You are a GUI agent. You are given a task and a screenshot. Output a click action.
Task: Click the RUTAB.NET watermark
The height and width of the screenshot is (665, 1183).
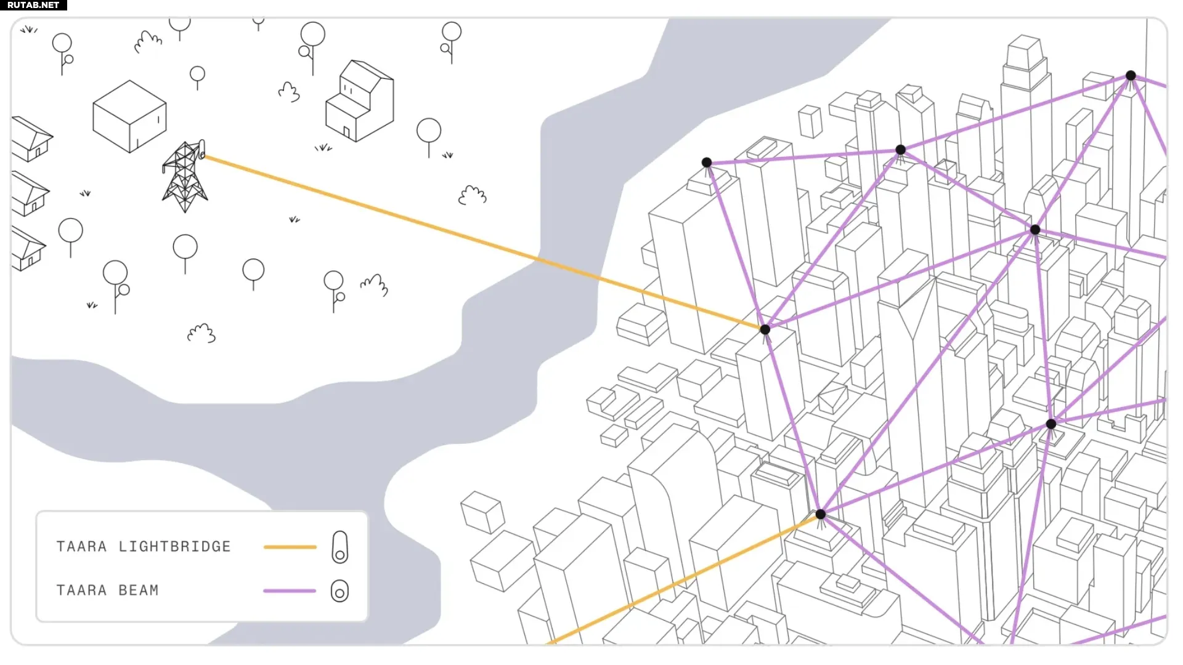33,5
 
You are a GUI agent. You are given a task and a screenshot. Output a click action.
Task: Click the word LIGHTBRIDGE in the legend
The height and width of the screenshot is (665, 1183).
175,547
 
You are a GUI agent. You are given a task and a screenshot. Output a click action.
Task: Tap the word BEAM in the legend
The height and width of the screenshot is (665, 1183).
139,590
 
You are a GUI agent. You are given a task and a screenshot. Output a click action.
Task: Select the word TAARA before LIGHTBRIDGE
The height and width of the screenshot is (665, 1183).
82,547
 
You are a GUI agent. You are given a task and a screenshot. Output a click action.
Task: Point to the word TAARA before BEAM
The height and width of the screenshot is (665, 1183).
82,590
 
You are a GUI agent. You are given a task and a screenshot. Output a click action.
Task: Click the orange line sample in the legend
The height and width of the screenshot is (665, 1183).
290,547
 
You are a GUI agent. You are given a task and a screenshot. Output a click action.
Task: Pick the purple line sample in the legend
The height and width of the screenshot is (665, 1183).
290,590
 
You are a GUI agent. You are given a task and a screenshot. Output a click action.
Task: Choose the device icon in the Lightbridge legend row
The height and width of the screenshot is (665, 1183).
340,547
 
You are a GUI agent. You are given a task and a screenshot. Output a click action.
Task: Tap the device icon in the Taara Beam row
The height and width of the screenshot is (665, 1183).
340,591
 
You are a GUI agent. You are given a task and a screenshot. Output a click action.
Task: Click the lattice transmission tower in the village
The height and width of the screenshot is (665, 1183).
185,177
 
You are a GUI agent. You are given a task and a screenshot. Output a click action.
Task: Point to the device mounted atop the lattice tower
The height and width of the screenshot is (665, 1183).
201,150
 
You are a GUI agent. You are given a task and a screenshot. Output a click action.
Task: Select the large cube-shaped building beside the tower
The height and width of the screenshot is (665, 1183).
129,116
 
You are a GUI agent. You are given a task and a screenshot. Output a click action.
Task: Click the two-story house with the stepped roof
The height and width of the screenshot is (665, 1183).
359,101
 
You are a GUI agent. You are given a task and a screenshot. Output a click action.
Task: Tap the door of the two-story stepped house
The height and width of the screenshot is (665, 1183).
347,132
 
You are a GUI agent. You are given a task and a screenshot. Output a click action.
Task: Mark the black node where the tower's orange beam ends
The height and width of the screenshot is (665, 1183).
765,329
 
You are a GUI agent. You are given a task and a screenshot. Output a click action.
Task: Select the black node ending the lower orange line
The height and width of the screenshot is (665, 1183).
821,514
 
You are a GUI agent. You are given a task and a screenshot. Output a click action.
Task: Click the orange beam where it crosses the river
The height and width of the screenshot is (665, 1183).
567,268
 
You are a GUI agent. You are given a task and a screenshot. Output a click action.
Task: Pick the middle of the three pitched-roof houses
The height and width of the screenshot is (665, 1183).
30,194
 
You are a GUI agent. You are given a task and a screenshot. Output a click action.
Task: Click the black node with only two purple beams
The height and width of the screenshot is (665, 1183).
707,163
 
